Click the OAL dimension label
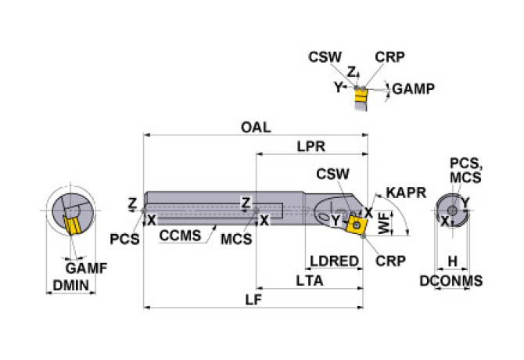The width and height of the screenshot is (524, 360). pos(255,128)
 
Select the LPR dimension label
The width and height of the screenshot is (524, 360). pos(311,146)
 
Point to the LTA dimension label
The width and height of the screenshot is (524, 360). pos(310,280)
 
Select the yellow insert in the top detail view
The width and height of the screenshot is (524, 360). pos(361,99)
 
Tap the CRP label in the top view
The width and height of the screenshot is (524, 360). pos(389,57)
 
